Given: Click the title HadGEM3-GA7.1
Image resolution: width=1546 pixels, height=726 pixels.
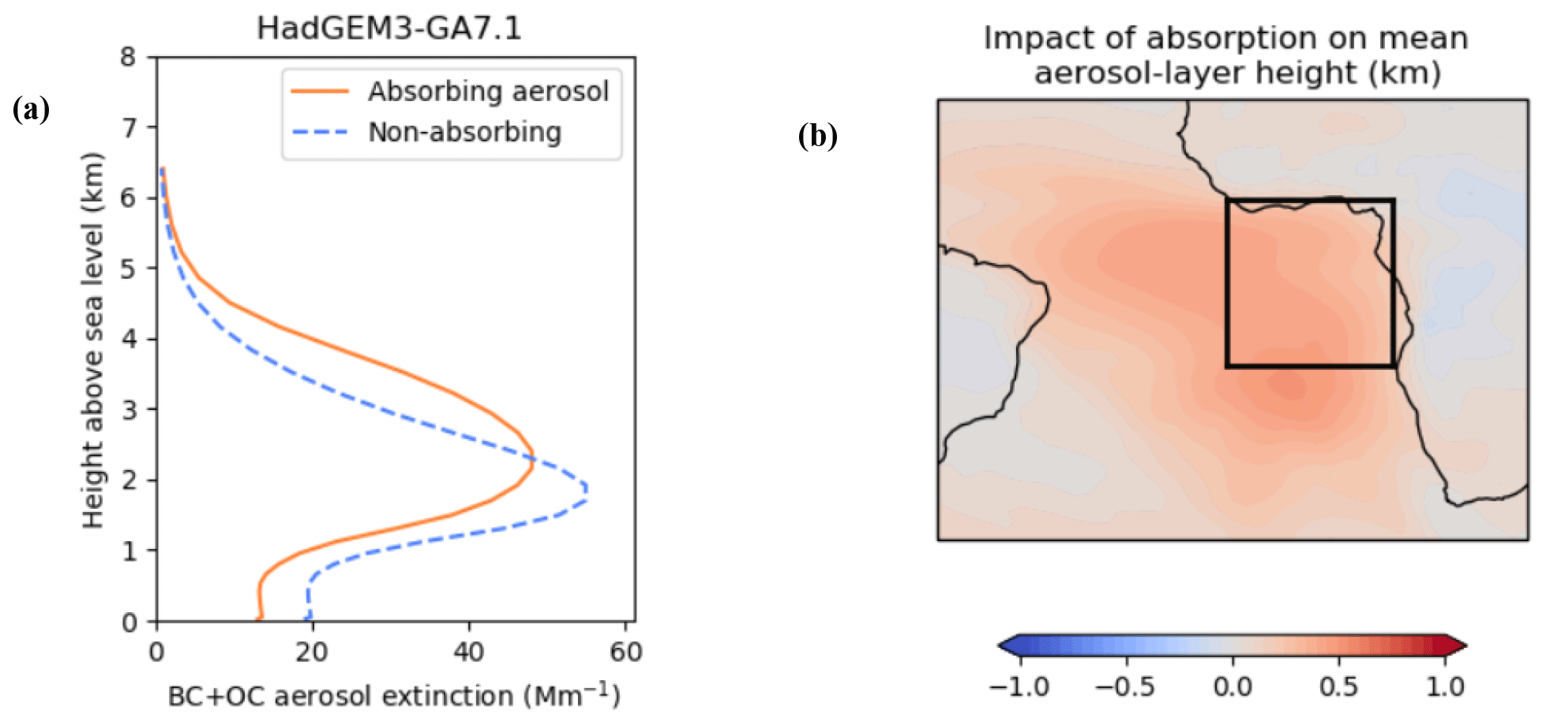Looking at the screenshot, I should (x=388, y=28).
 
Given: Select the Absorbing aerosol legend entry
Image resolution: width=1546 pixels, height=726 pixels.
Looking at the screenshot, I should (x=488, y=92).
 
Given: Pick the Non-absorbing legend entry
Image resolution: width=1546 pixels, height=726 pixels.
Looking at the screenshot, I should (x=464, y=132).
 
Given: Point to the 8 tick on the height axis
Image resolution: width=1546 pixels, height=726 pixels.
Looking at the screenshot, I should (x=128, y=57).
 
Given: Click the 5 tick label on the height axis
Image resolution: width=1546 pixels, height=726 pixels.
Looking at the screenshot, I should (x=128, y=269).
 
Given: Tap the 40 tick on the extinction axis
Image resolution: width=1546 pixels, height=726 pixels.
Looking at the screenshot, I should (x=468, y=652).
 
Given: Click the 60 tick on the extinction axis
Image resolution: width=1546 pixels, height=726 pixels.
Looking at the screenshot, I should (x=625, y=652).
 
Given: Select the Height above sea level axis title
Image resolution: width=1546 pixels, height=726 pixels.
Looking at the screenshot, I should (x=93, y=340).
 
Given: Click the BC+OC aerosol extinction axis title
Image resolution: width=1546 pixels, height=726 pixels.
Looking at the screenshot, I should (x=394, y=697).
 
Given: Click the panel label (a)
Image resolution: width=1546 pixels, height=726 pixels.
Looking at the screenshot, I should (x=32, y=109).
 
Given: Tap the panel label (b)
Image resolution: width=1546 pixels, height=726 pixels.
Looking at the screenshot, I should (x=817, y=136).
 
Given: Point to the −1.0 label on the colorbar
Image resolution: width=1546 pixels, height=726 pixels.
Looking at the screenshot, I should (x=1019, y=687).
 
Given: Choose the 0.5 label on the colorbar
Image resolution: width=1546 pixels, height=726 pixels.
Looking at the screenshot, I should (x=1338, y=687).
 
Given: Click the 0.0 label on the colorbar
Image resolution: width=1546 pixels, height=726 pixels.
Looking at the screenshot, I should (x=1233, y=687).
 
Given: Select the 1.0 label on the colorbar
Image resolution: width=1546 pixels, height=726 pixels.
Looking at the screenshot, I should (x=1445, y=687).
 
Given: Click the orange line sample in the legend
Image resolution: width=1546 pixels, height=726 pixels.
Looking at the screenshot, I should (x=320, y=92).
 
